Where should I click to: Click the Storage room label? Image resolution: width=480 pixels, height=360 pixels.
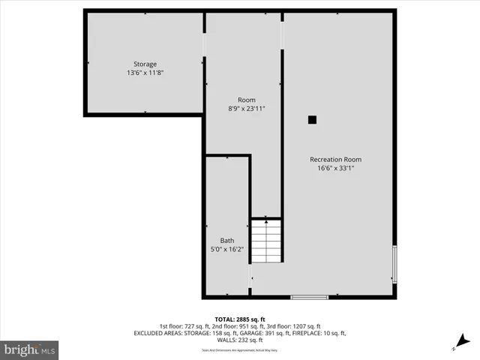pyautogui.click(x=145, y=64)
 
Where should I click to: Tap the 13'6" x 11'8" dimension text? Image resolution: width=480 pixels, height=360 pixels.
pyautogui.click(x=145, y=73)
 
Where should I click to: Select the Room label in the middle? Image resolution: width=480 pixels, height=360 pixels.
pyautogui.click(x=247, y=100)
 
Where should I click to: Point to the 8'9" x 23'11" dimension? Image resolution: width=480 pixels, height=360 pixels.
pyautogui.click(x=247, y=109)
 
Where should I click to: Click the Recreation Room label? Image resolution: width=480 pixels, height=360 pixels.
pyautogui.click(x=336, y=159)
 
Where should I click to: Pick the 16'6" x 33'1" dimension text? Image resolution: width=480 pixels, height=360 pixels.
pyautogui.click(x=336, y=168)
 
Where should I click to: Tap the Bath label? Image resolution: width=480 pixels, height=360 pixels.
pyautogui.click(x=226, y=241)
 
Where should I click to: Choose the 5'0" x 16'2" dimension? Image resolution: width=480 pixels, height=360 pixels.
pyautogui.click(x=226, y=250)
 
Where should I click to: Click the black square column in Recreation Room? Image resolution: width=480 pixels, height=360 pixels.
pyautogui.click(x=312, y=119)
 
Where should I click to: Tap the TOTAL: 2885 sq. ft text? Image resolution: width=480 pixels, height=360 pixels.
pyautogui.click(x=239, y=319)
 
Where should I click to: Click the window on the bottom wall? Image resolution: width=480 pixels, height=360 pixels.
pyautogui.click(x=309, y=298)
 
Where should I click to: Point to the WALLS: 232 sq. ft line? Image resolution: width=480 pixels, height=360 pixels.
pyautogui.click(x=239, y=340)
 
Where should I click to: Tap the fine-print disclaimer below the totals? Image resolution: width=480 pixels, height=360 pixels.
pyautogui.click(x=239, y=350)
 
